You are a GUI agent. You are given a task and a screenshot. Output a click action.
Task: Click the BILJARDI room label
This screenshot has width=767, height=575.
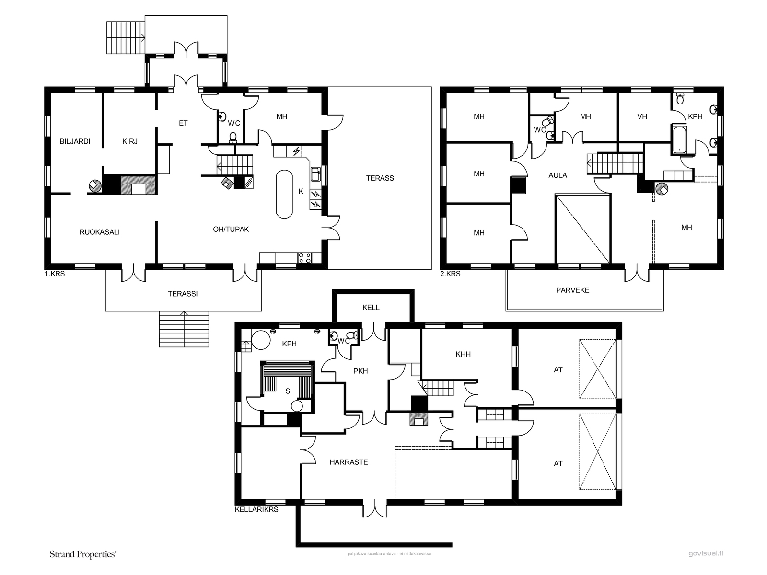click(75, 141)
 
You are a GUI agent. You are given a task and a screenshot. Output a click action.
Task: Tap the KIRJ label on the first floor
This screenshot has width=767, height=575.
click(129, 141)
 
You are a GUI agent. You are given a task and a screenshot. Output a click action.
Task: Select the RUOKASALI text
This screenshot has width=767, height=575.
click(100, 232)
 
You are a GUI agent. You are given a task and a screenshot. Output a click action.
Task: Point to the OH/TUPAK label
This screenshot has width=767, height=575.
click(231, 230)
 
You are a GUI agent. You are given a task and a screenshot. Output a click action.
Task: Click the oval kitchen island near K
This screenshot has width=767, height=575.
click(284, 194)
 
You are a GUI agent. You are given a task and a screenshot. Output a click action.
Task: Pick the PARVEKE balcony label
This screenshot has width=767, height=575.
click(573, 290)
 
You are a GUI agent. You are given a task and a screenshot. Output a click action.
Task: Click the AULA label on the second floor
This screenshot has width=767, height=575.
click(558, 175)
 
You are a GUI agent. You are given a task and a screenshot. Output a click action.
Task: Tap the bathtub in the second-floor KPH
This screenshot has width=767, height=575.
click(679, 140)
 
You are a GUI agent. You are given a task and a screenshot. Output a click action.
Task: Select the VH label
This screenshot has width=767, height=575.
click(642, 116)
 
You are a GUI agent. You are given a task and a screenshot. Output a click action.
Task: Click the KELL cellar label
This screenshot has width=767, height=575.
click(371, 308)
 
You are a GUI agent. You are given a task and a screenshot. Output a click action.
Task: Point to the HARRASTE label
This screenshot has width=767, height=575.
click(349, 462)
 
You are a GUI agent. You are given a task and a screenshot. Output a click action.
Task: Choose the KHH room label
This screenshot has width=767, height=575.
click(463, 354)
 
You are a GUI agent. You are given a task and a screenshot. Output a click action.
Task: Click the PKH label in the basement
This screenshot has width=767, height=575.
click(360, 371)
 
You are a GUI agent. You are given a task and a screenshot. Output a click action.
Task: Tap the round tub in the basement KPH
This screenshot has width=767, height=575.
click(261, 340)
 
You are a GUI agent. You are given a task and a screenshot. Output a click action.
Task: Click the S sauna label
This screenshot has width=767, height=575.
click(288, 391)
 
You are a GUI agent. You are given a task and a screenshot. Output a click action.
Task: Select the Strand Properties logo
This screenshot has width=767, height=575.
click(83, 554)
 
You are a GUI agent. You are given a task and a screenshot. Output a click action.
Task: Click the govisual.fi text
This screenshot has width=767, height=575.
click(706, 553)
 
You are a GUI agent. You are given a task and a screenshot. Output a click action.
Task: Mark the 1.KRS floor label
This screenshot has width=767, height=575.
click(55, 274)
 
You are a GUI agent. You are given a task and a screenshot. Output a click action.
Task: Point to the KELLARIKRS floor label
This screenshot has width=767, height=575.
click(256, 509)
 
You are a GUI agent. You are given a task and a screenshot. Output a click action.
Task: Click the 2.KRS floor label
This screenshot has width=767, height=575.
click(450, 274)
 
